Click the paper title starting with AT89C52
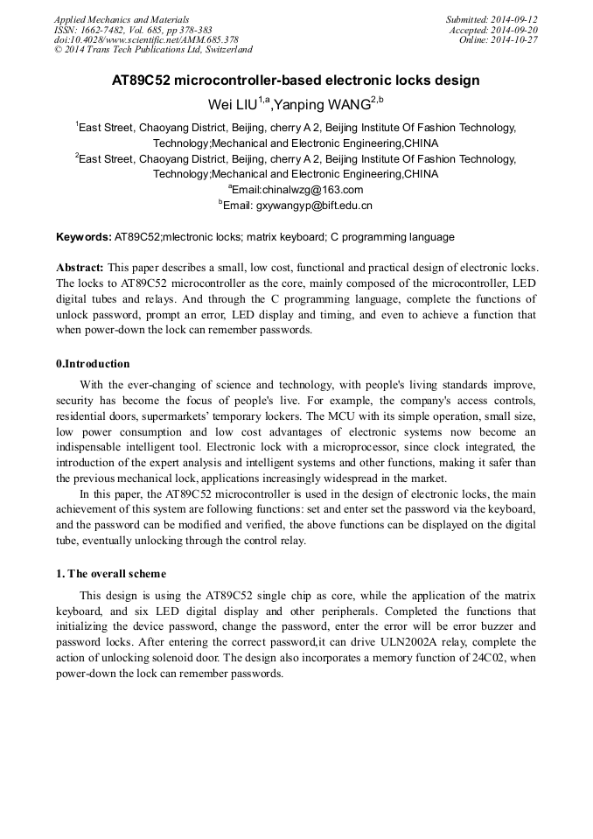tap(296, 80)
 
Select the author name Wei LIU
tap(234, 106)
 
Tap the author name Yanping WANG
tap(323, 106)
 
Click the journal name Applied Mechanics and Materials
tap(122, 19)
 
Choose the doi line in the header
tap(146, 40)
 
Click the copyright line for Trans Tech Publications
tap(153, 50)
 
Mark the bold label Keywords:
tap(84, 237)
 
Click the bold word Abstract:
tap(80, 267)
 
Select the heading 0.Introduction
tap(93, 364)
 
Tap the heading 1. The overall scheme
tap(110, 574)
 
